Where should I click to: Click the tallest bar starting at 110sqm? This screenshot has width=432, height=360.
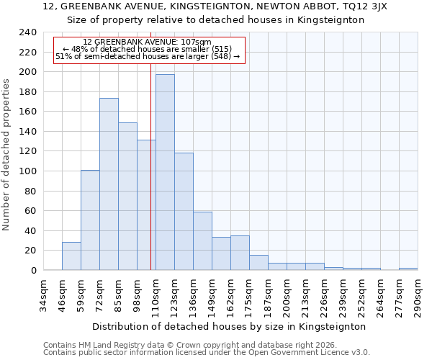click(165, 172)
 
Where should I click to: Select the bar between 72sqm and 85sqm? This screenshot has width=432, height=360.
click(109, 184)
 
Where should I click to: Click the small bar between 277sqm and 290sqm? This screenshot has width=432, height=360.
click(408, 269)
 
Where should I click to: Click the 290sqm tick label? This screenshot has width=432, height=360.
click(418, 297)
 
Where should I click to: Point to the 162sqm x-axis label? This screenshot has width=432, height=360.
click(230, 297)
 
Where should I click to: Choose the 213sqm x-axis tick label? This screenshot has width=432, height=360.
click(305, 297)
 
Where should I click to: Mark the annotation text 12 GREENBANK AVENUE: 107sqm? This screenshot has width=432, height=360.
click(147, 42)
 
